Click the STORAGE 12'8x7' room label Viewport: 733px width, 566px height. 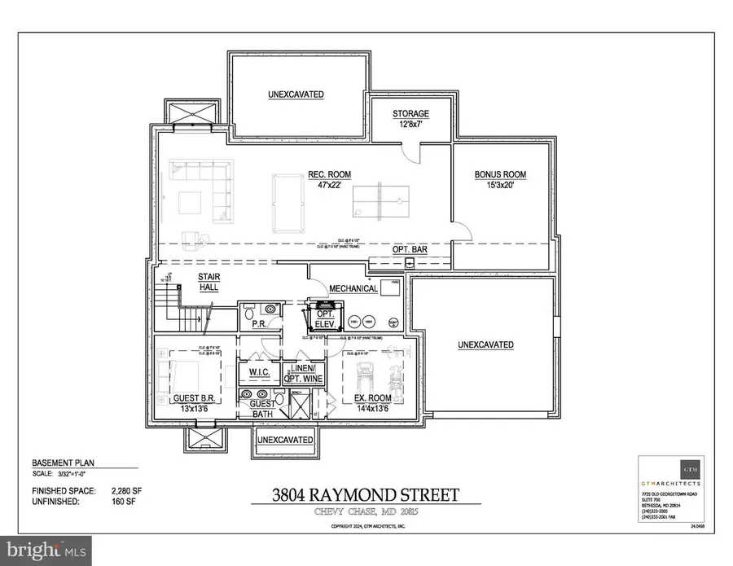410,119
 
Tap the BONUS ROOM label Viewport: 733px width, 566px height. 500,180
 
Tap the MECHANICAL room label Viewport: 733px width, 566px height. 353,288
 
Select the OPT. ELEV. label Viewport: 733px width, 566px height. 327,317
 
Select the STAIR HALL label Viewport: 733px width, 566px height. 209,282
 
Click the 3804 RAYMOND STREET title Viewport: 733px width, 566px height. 366,494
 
